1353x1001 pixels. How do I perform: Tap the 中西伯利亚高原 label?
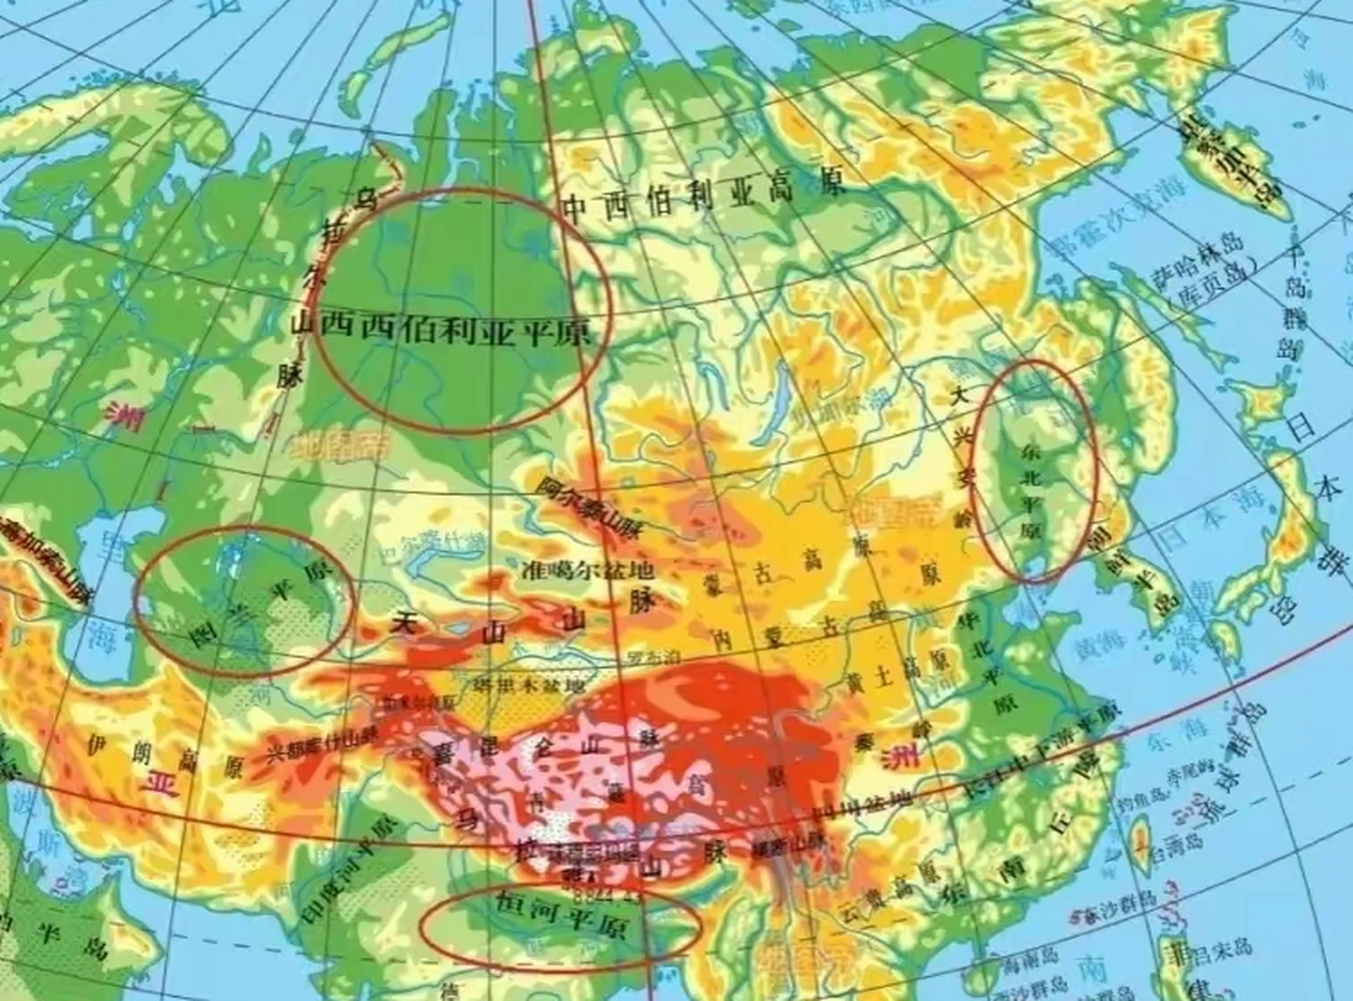click(704, 197)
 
